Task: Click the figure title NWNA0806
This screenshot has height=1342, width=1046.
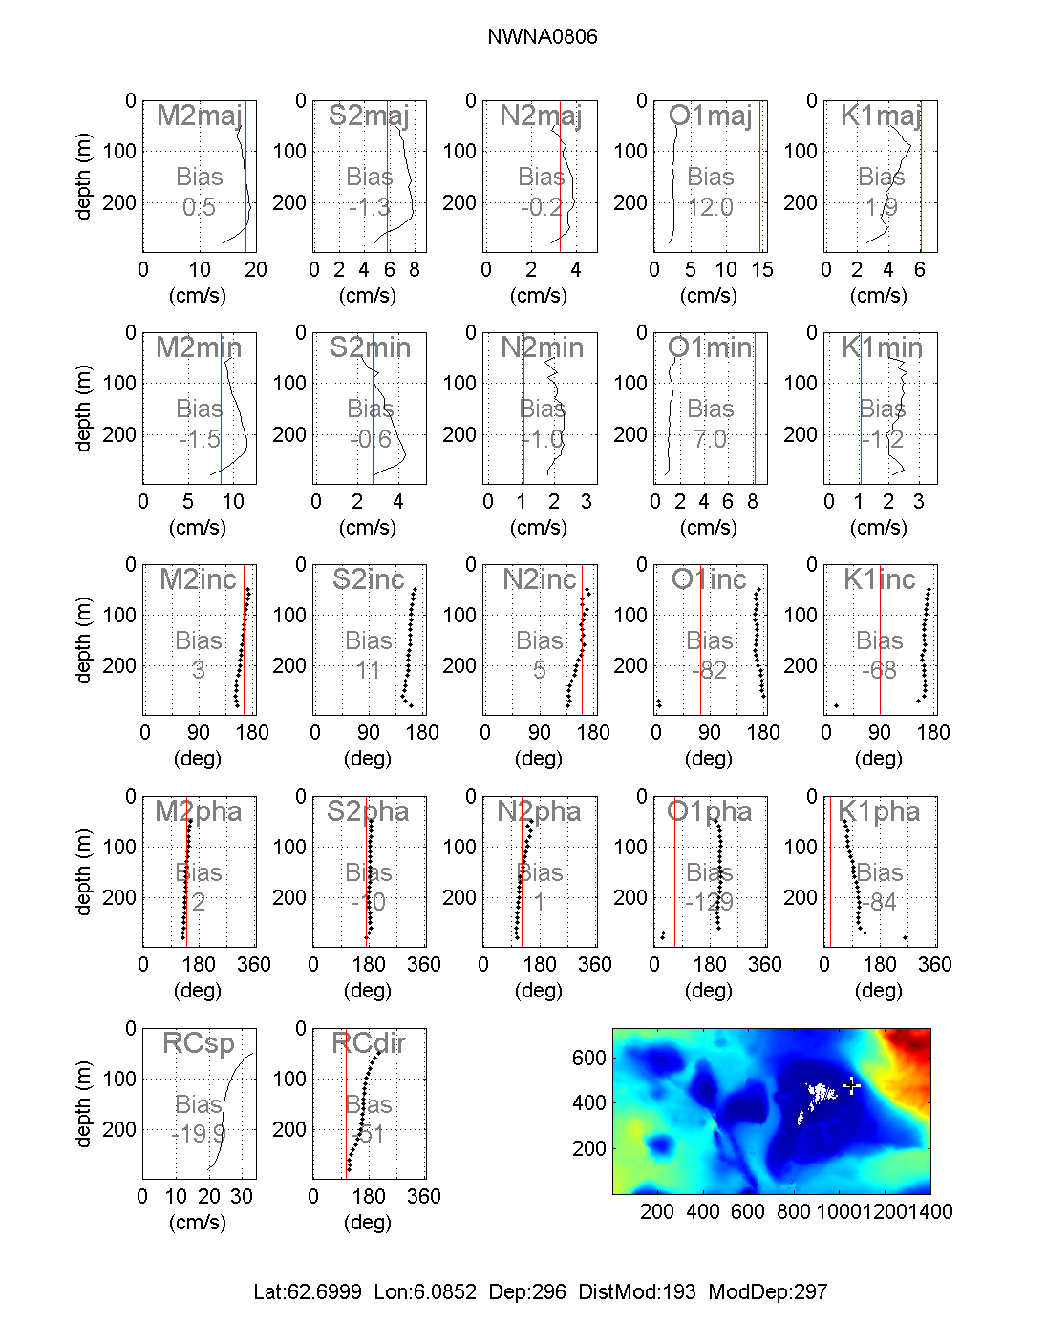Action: click(542, 37)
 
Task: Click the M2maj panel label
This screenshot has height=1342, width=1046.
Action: click(199, 115)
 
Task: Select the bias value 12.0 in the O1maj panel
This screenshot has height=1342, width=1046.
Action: click(711, 207)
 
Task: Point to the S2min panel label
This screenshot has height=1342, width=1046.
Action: click(370, 347)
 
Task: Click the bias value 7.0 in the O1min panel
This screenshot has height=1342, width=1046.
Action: click(711, 439)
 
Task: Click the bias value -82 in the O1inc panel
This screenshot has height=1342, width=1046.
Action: click(710, 670)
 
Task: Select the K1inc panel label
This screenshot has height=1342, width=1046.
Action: click(880, 579)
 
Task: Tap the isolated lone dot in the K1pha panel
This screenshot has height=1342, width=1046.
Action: click(906, 937)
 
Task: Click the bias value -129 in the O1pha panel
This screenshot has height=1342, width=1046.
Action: click(710, 902)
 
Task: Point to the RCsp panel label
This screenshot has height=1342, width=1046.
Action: click(198, 1043)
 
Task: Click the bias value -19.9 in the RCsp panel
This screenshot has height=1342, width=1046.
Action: click(199, 1134)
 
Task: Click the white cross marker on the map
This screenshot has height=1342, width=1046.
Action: click(852, 1085)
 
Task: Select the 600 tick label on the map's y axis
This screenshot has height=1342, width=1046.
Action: click(589, 1058)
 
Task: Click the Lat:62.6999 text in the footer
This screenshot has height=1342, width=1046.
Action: click(308, 1292)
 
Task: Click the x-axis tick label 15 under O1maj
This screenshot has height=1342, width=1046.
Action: click(761, 270)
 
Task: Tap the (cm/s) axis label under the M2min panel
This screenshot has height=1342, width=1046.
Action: click(198, 527)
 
